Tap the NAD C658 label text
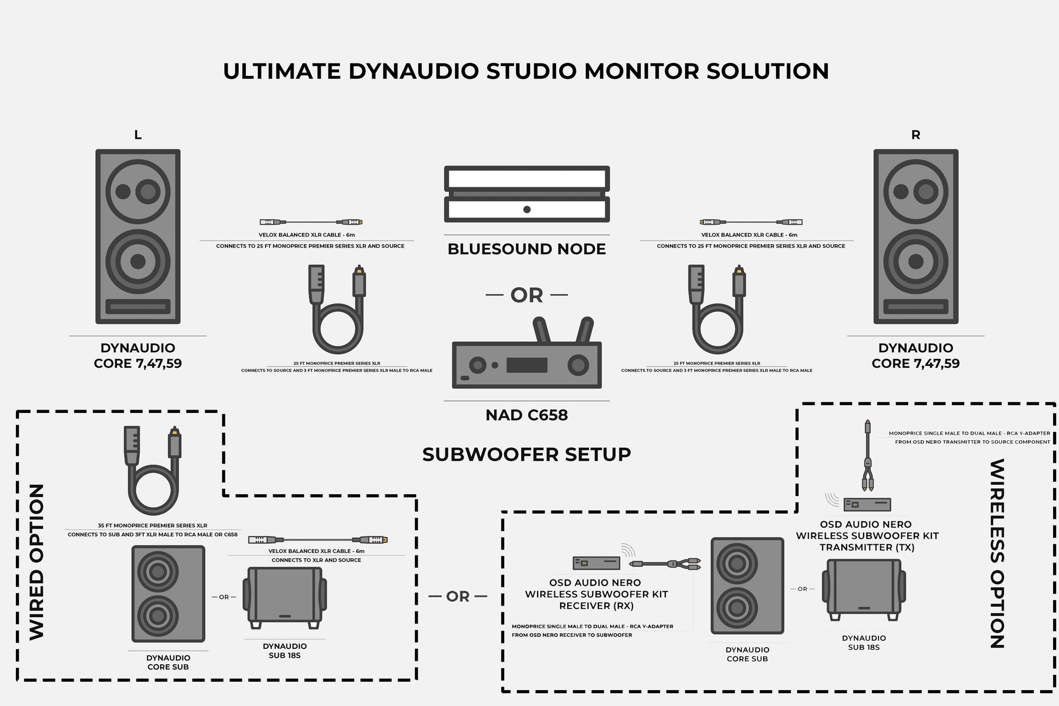pyautogui.click(x=527, y=415)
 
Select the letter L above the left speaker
pyautogui.click(x=138, y=135)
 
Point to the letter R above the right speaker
pyautogui.click(x=915, y=135)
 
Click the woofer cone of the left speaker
pyautogui.click(x=138, y=261)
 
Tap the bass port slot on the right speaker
pyautogui.click(x=915, y=307)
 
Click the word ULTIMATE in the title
pyautogui.click(x=282, y=71)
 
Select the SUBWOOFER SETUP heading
pyautogui.click(x=527, y=454)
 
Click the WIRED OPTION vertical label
pyautogui.click(x=36, y=562)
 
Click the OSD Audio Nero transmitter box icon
pyautogui.click(x=867, y=504)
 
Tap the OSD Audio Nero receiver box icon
pyautogui.click(x=597, y=563)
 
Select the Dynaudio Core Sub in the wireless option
pyautogui.click(x=747, y=585)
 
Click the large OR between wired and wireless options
pyautogui.click(x=458, y=597)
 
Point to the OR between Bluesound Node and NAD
pyautogui.click(x=527, y=295)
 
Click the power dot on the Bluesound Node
pyautogui.click(x=527, y=209)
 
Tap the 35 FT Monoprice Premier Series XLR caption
pyautogui.click(x=152, y=526)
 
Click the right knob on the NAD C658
pyautogui.click(x=578, y=365)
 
